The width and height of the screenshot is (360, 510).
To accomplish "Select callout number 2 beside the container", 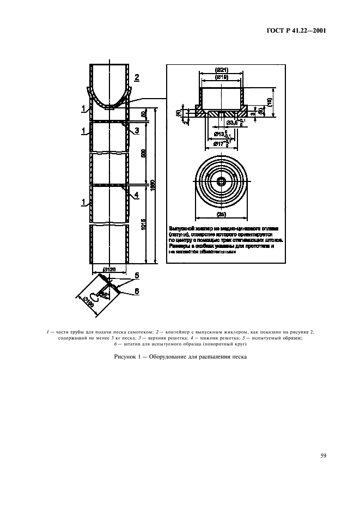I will point(137,77).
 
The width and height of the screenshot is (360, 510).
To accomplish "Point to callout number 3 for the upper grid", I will point(137,130).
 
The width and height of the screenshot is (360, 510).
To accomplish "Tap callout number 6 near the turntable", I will point(137,292).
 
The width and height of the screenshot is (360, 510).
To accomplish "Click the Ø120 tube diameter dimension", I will point(109,269).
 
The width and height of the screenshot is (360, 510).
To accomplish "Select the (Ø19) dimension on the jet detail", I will point(221,78).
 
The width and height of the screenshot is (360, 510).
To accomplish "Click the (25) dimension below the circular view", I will point(221,214).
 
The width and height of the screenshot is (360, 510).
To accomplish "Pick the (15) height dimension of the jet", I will point(270,101).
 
